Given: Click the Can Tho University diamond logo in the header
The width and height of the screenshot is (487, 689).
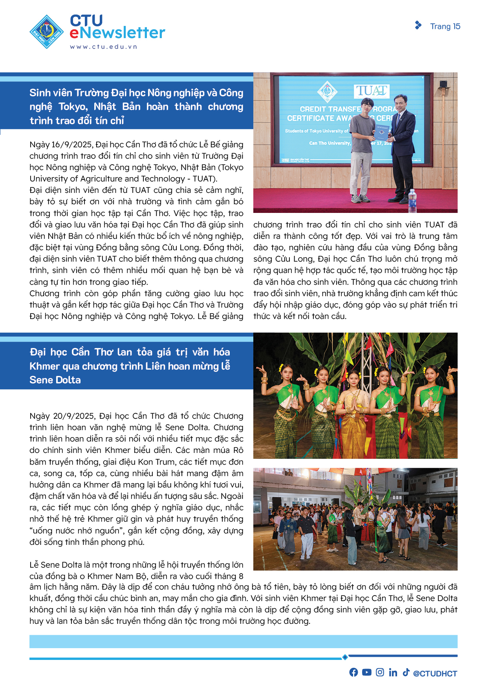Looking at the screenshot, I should [x=47, y=31].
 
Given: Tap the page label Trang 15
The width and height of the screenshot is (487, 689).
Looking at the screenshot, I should [x=445, y=26].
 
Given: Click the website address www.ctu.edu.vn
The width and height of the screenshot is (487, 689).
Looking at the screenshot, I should [x=104, y=47].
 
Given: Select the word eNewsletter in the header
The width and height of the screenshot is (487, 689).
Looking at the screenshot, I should [x=117, y=33].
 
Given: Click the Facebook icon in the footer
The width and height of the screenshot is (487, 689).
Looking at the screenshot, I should [x=353, y=672].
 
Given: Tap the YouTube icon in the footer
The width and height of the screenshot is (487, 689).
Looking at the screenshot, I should [x=367, y=672].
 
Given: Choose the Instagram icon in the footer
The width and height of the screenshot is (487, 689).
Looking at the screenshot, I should [x=380, y=672].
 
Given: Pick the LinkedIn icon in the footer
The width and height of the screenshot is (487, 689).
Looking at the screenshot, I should [x=393, y=672].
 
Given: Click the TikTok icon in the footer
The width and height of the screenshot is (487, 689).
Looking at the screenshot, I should [x=406, y=672].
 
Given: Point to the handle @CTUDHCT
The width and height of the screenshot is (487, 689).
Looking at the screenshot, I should [x=435, y=673].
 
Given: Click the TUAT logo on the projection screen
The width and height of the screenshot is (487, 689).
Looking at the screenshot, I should [x=372, y=91].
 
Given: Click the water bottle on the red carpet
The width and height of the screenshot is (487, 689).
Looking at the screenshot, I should [x=412, y=198].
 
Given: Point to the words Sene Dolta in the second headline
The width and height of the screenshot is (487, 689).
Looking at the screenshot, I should [x=55, y=380].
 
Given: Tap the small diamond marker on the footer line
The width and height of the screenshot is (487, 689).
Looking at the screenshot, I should [x=345, y=657].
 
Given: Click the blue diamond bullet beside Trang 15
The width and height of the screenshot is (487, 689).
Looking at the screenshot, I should [x=418, y=26].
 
